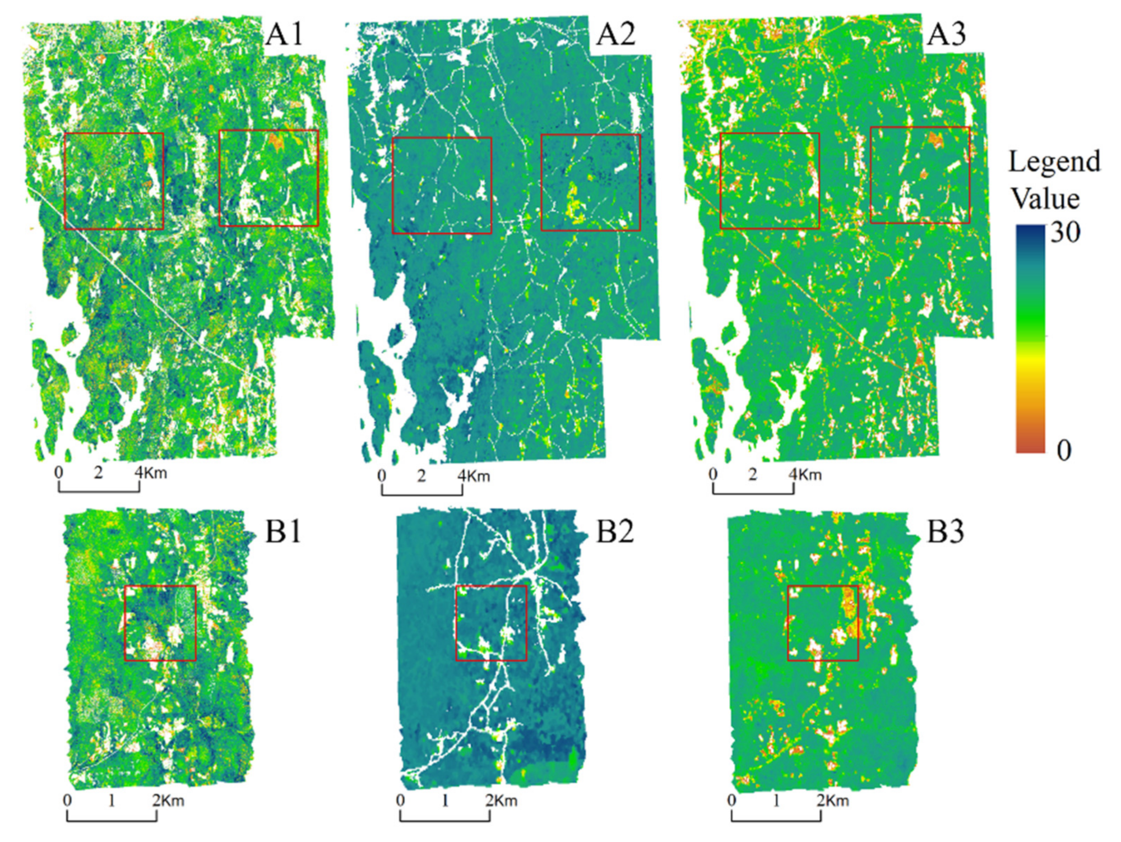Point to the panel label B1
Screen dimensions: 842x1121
[284, 531]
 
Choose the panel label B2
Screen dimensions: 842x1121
[615, 531]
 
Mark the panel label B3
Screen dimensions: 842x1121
[946, 531]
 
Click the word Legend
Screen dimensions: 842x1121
[1054, 162]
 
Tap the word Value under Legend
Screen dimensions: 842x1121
[1045, 198]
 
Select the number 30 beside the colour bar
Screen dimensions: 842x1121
[1066, 232]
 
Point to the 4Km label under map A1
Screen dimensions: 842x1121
[151, 473]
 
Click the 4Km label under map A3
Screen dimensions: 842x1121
[805, 475]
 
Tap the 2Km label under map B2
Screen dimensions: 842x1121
[501, 801]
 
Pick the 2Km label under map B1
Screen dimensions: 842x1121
[168, 801]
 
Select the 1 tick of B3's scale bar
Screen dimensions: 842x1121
[776, 801]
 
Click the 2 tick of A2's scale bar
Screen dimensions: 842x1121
[421, 476]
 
